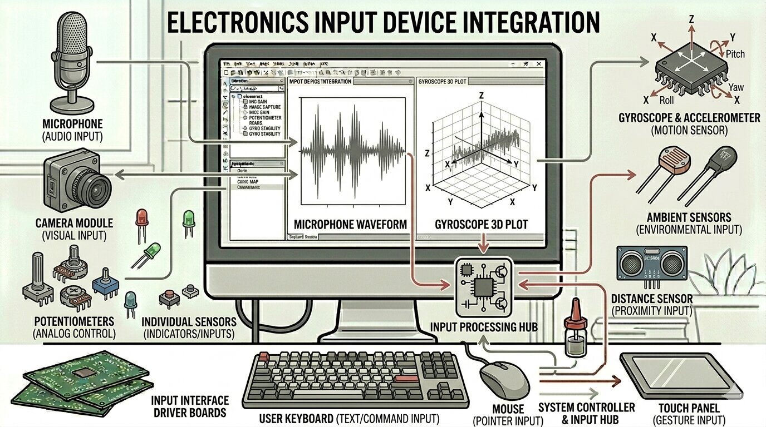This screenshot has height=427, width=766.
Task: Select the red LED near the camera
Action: (x=141, y=218)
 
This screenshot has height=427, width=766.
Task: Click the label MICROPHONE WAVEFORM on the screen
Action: (x=350, y=225)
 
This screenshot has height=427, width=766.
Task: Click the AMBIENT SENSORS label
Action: (x=689, y=217)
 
